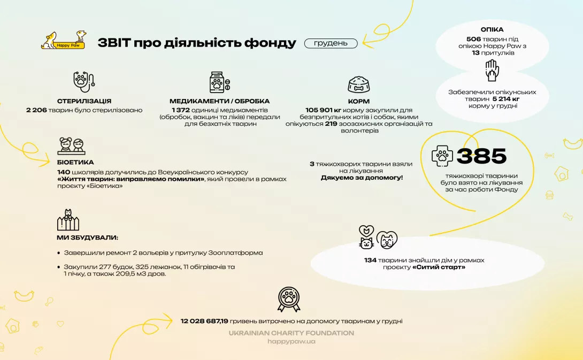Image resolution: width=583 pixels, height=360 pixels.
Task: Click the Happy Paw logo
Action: (64, 40)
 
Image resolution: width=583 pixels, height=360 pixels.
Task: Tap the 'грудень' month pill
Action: (331, 43)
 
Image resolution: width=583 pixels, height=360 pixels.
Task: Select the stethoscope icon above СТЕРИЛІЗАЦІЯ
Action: (84, 81)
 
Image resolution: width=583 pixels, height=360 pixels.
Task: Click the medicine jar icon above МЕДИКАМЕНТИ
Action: (219, 82)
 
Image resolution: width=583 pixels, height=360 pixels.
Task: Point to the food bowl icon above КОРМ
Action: (359, 85)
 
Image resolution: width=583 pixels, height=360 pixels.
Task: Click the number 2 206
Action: (36, 110)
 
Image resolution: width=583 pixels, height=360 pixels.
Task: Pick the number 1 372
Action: (181, 110)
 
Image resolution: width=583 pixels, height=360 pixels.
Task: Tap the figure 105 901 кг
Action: (323, 110)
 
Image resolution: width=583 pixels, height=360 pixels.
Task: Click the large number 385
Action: (481, 156)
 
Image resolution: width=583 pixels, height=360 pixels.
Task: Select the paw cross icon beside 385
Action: (442, 156)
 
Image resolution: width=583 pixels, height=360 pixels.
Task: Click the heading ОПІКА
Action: (492, 29)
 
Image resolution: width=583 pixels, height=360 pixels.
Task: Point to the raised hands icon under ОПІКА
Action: (492, 70)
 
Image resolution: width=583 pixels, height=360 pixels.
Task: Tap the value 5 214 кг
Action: (505, 99)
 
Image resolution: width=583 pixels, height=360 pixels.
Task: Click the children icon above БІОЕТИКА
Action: (71, 146)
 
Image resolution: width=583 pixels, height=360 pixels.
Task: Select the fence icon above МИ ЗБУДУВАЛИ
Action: (68, 220)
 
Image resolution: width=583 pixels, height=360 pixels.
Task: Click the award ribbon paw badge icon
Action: (289, 300)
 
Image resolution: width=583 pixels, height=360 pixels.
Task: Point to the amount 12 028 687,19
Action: (204, 321)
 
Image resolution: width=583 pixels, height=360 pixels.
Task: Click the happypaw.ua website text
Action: (291, 341)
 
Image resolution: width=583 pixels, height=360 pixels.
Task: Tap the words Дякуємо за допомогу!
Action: (362, 178)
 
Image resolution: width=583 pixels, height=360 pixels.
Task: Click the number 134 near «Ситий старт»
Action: (370, 261)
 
